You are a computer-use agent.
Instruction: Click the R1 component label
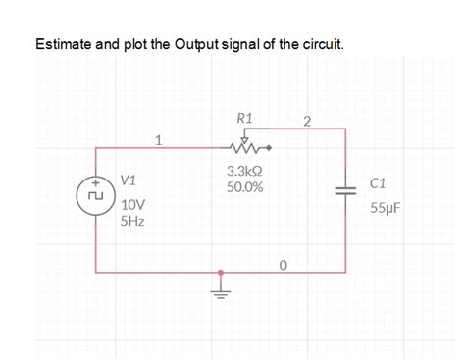pyautogui.click(x=245, y=119)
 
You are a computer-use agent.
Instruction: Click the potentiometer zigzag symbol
pyautogui.click(x=245, y=148)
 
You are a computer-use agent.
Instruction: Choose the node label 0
pyautogui.click(x=283, y=264)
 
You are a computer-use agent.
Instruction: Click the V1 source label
pyautogui.click(x=129, y=181)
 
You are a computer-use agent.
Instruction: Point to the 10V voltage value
pyautogui.click(x=132, y=205)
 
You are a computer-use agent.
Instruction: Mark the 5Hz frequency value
pyautogui.click(x=132, y=222)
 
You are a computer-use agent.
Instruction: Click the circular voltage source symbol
pyautogui.click(x=96, y=195)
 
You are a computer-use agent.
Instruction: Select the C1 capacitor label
pyautogui.click(x=380, y=183)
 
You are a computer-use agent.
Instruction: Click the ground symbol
pyautogui.click(x=221, y=290)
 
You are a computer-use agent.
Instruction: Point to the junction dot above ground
pyautogui.click(x=221, y=273)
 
